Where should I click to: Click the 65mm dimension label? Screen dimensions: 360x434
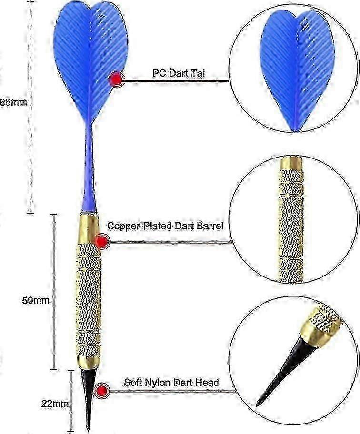(14, 103)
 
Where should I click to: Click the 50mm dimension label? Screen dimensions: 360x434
(36, 301)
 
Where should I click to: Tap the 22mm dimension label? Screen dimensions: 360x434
(55, 404)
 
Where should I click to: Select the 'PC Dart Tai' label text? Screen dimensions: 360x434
(179, 73)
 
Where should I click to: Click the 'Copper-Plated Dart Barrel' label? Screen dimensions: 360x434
(165, 226)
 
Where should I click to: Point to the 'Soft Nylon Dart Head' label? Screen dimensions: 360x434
(171, 383)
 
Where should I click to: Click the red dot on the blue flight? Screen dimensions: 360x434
(116, 80)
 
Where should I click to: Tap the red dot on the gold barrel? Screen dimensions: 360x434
(101, 241)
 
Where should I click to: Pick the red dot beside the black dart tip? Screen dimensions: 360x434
(101, 391)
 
